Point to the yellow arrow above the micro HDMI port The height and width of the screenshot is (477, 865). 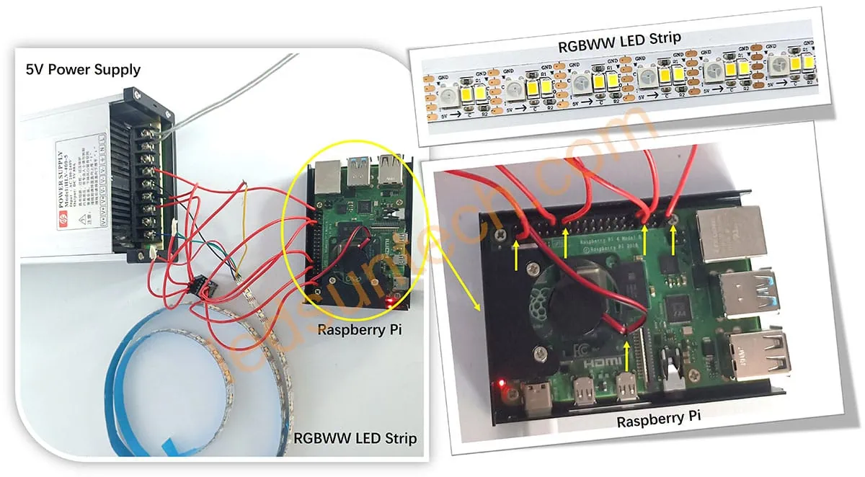626,357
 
